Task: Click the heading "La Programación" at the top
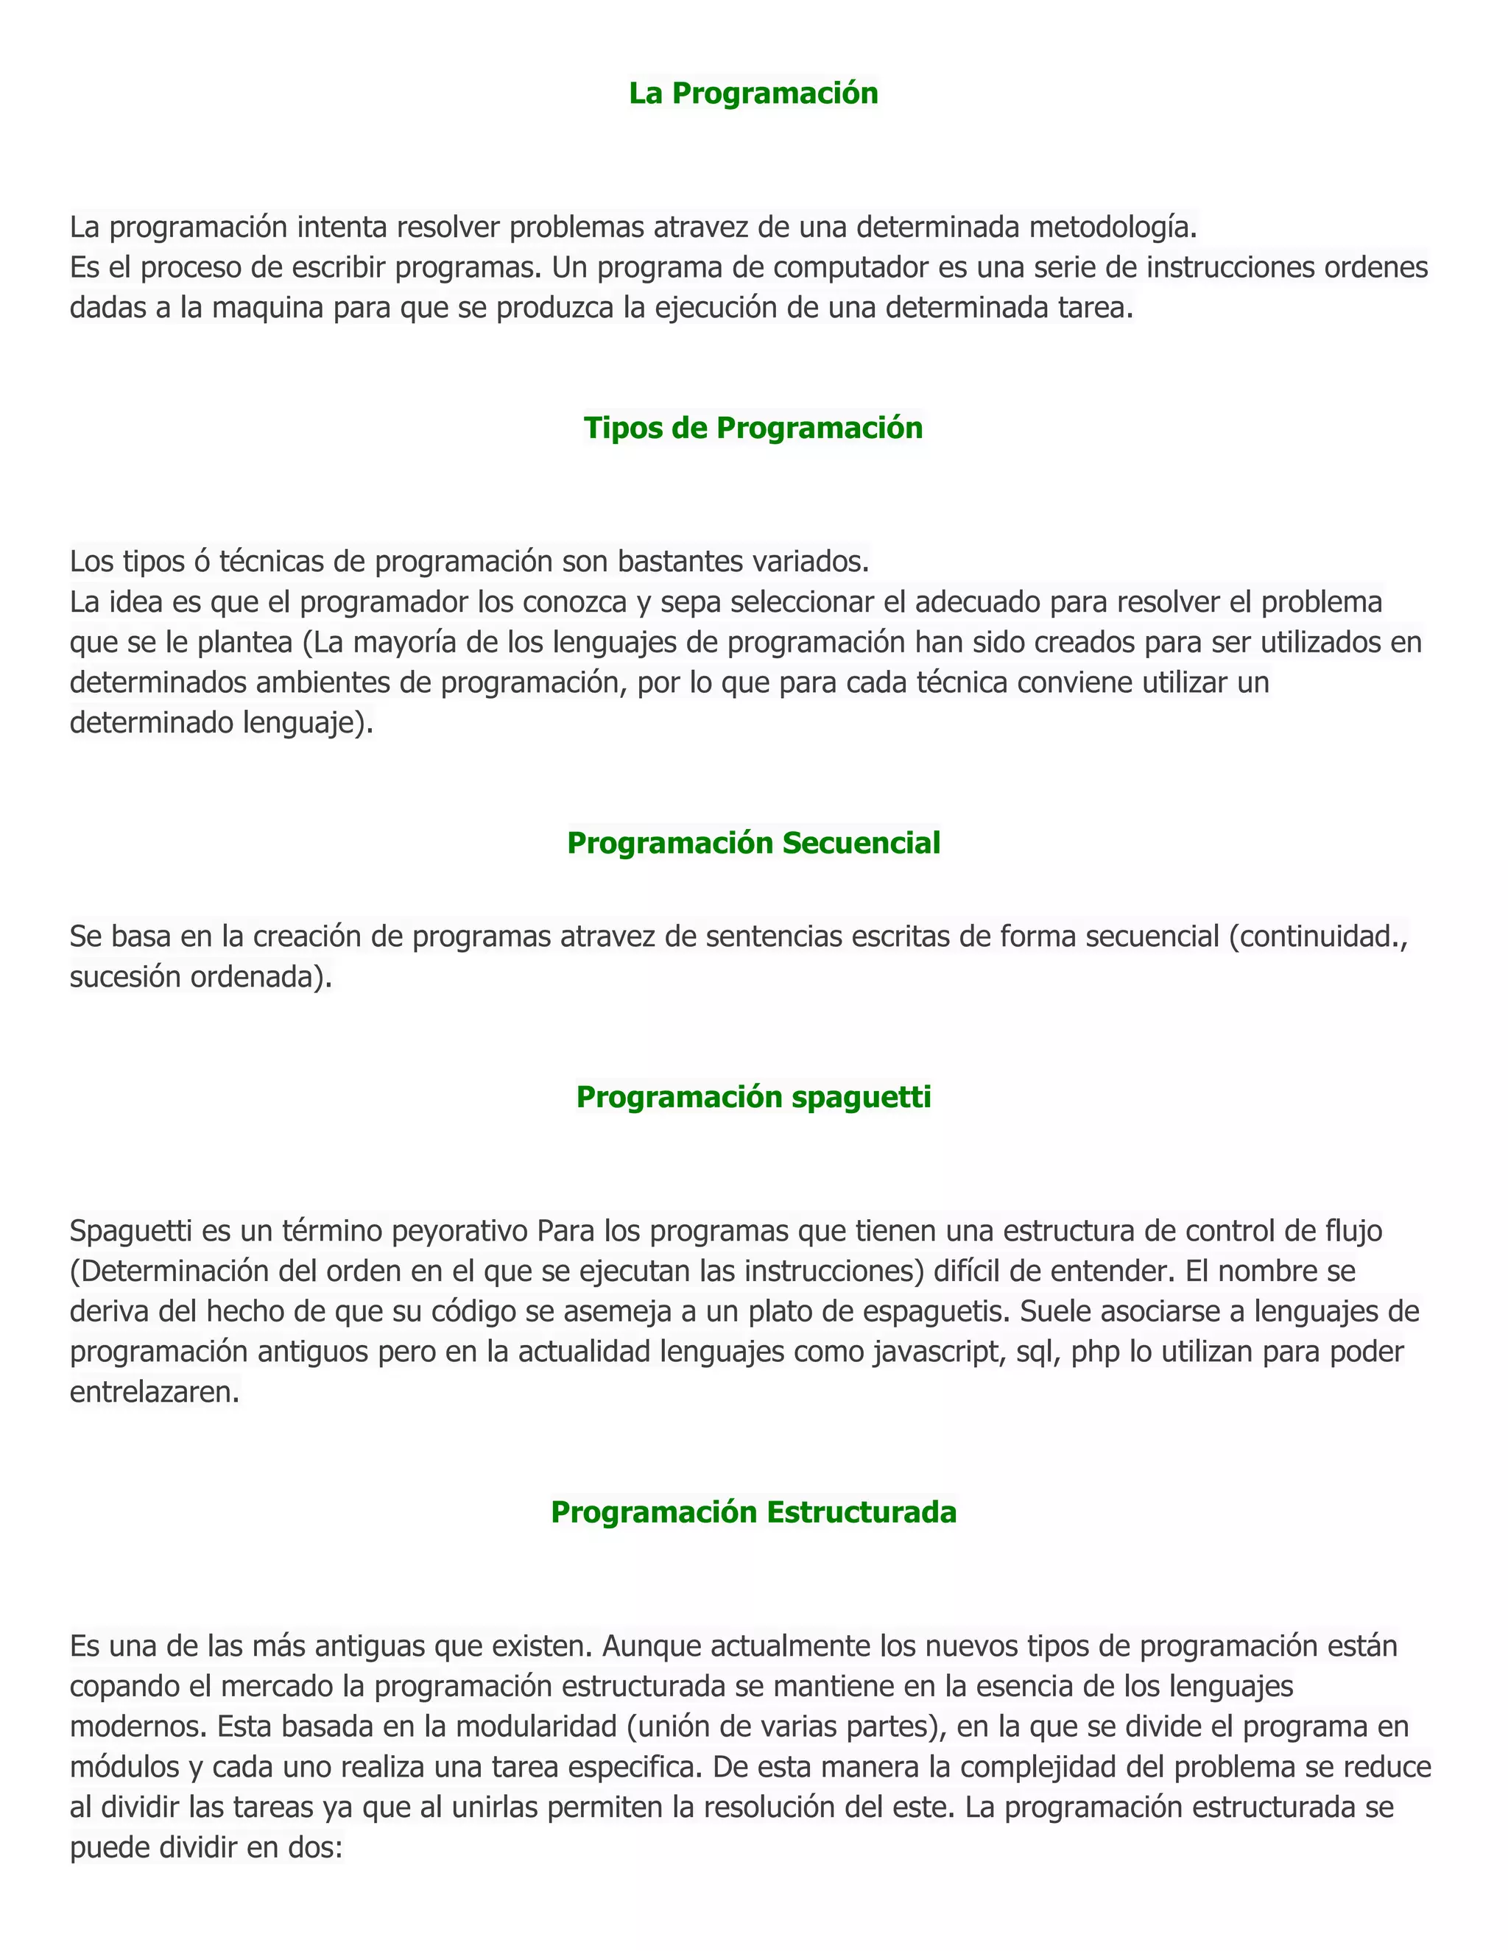click(753, 93)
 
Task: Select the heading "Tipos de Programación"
click(753, 428)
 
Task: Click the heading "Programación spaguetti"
click(753, 1097)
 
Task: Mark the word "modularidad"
click(535, 1726)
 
